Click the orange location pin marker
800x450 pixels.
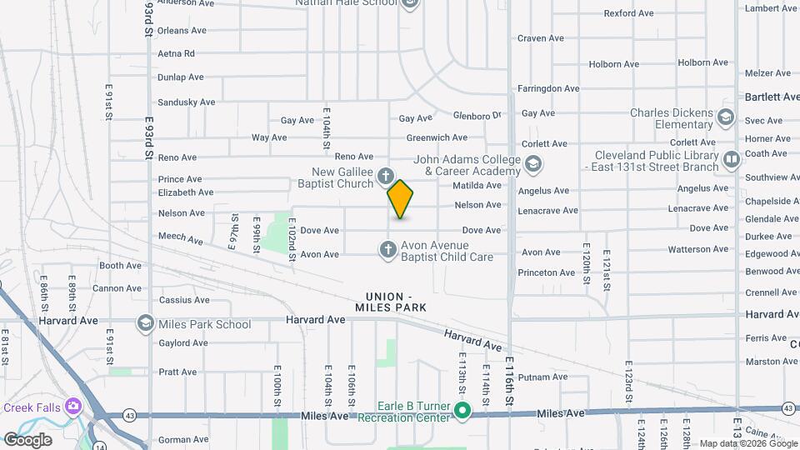point(400,199)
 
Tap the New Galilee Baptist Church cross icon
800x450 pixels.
point(385,176)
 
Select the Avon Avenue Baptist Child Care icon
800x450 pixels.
point(387,249)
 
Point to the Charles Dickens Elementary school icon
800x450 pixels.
point(725,117)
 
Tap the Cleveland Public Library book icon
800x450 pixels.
point(732,158)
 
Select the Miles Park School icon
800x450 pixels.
point(146,323)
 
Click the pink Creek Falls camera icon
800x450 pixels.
point(73,406)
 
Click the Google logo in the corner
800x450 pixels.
point(27,439)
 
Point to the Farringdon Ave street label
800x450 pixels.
point(547,87)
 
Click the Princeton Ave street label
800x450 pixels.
point(546,272)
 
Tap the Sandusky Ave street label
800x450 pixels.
point(186,102)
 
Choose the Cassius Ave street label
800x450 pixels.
point(178,300)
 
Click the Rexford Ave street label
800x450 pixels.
point(628,13)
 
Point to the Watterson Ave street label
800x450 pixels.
point(698,249)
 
